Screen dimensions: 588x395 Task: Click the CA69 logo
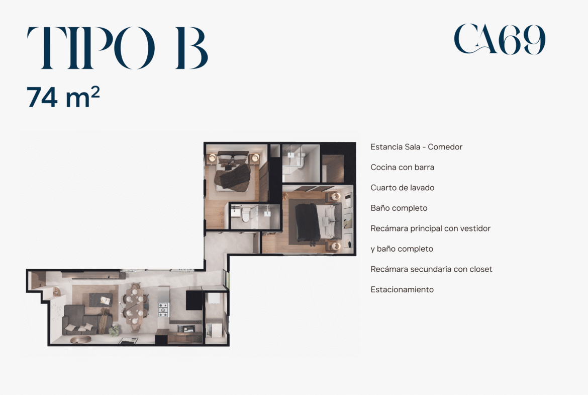point(499,39)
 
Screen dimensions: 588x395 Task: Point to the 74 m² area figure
point(63,97)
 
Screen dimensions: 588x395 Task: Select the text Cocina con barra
point(403,167)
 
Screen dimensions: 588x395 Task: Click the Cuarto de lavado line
point(403,187)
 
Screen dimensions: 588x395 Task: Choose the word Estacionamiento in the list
point(402,289)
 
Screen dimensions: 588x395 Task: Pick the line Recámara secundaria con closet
point(431,269)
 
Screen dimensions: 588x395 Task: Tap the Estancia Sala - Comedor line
point(416,147)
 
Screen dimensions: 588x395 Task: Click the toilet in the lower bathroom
point(246,215)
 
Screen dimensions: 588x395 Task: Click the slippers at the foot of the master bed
point(313,244)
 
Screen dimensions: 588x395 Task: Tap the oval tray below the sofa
point(80,340)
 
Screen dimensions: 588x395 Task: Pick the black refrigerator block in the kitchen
point(194,300)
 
